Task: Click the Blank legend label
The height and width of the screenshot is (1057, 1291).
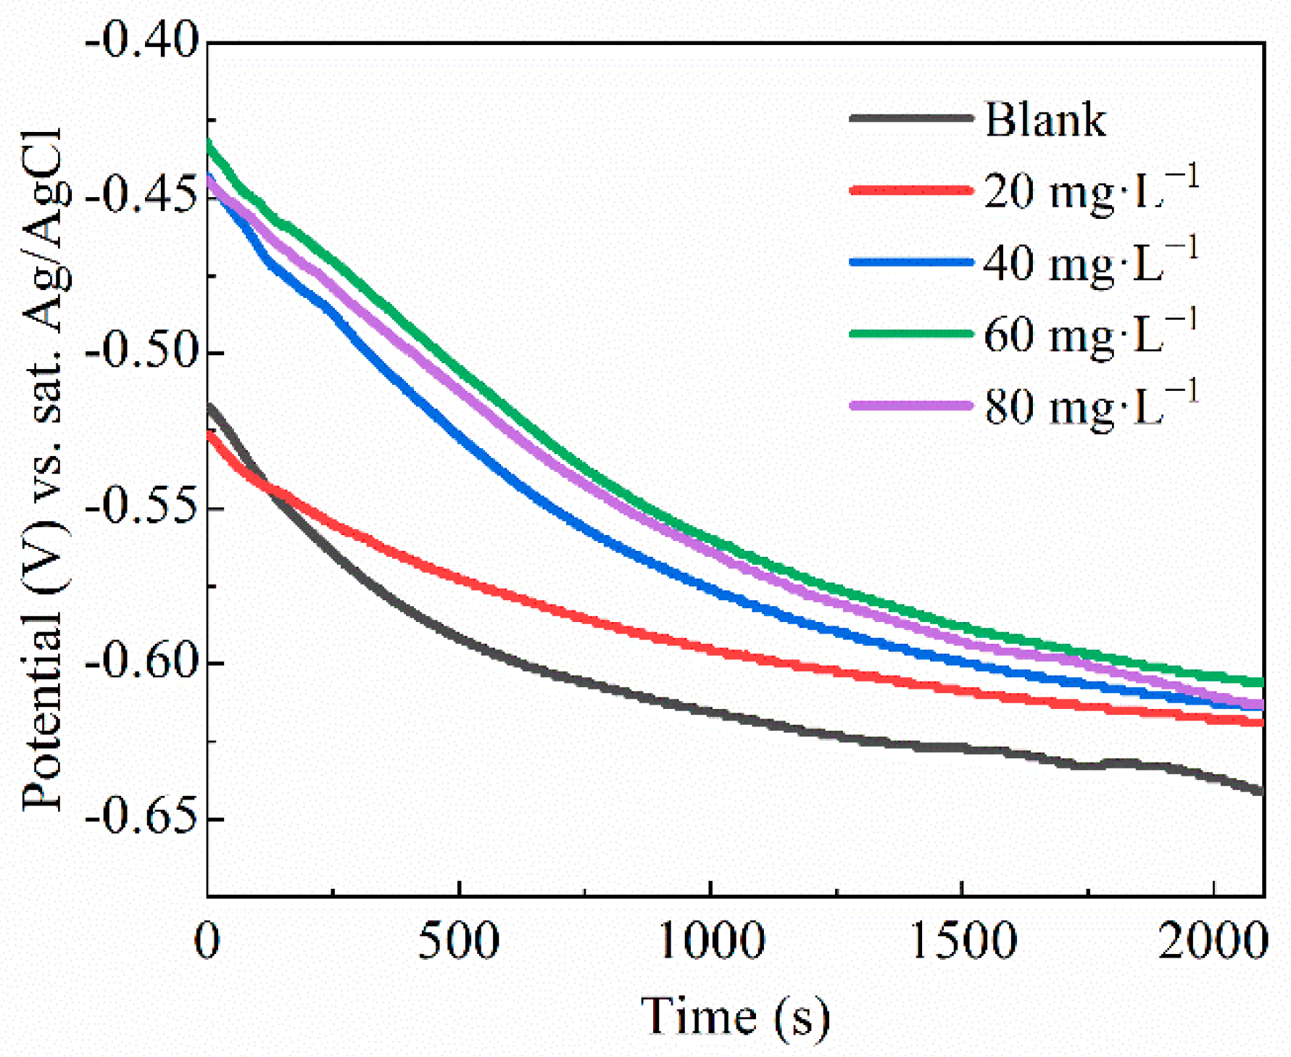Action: [x=1045, y=120]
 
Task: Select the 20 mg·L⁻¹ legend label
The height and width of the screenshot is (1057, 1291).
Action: [x=1090, y=191]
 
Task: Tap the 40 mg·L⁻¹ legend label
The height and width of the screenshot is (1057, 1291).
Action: [x=1090, y=263]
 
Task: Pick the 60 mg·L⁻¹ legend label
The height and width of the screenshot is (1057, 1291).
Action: [x=1090, y=334]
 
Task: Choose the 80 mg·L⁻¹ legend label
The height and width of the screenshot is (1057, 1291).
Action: [x=1090, y=406]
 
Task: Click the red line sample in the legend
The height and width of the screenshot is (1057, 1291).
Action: [x=911, y=191]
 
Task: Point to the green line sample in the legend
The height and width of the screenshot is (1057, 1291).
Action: [x=911, y=333]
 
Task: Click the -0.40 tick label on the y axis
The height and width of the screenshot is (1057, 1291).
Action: [x=141, y=41]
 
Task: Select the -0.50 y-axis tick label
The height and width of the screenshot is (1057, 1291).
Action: [x=141, y=352]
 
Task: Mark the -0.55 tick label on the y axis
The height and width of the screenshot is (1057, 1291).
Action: [x=141, y=507]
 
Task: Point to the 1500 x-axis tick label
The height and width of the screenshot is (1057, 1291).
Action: [x=962, y=942]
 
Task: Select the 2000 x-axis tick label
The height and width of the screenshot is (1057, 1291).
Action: [x=1212, y=942]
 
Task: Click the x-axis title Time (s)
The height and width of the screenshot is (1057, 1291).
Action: [x=735, y=1016]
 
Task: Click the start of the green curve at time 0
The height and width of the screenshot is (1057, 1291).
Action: [x=209, y=142]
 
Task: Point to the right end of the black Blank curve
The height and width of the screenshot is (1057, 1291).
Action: [x=1261, y=790]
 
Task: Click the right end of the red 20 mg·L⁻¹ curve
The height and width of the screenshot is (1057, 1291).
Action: [x=1261, y=722]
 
